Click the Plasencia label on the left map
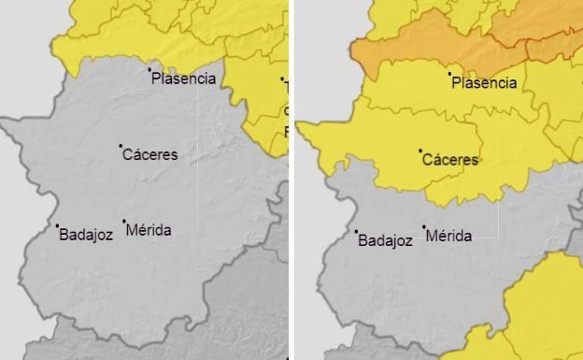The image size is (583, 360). tap(184, 79)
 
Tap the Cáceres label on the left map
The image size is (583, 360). tap(150, 155)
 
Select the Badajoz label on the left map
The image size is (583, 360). tap(86, 235)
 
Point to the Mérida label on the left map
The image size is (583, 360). tap(149, 230)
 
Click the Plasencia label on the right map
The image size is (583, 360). tap(484, 83)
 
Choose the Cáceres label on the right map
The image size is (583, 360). tap(450, 160)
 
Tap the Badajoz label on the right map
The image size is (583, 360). tap(385, 240)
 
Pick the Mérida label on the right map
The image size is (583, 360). tap(448, 237)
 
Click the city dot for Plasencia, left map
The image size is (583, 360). tap(149, 69)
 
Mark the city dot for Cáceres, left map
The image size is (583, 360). tap(121, 146)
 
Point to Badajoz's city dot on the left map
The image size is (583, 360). tap(57, 225)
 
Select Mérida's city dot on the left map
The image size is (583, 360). tap(123, 222)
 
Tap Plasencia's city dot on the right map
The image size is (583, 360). tap(449, 74)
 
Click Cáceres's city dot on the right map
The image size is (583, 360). tap(420, 151)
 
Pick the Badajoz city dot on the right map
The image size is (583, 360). tap(356, 232)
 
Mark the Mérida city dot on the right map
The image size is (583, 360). tap(423, 227)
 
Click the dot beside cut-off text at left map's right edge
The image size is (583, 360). tap(282, 79)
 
